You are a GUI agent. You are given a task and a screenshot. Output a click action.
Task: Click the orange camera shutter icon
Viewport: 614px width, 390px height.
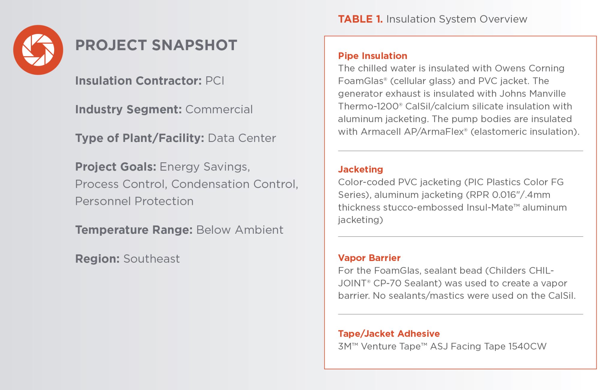(38, 50)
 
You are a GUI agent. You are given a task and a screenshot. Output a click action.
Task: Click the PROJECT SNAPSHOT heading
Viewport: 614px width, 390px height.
(156, 45)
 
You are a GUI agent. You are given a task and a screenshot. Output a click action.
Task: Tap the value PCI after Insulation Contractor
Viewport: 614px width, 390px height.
(215, 81)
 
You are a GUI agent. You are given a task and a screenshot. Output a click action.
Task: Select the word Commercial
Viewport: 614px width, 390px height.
(219, 109)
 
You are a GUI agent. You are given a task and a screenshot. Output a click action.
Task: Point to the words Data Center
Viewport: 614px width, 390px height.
(242, 138)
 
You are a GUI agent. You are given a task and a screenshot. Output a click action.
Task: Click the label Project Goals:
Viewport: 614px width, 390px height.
(116, 167)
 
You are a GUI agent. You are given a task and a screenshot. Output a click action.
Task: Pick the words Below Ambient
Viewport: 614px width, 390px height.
(240, 230)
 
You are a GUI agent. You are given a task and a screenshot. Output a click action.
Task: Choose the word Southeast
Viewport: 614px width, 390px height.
(152, 259)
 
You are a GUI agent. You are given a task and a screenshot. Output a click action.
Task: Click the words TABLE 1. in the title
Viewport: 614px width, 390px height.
(360, 19)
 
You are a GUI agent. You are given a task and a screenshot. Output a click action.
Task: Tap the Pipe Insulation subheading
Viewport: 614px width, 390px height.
(373, 56)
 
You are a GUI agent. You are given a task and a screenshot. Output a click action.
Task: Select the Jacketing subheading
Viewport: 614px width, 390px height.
(361, 169)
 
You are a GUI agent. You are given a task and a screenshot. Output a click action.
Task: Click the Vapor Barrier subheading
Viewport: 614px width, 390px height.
(369, 258)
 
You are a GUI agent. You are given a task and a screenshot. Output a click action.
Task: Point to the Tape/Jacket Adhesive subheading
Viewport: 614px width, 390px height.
(389, 334)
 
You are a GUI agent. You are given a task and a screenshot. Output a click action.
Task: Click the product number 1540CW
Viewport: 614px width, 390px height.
(528, 346)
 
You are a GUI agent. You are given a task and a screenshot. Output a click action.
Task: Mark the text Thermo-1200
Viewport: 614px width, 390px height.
(368, 106)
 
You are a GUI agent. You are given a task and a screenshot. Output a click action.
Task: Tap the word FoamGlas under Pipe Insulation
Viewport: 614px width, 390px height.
(361, 81)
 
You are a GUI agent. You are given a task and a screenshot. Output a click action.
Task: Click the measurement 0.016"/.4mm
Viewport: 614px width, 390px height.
(521, 195)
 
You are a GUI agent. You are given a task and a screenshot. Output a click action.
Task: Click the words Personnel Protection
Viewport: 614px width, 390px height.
(134, 201)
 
